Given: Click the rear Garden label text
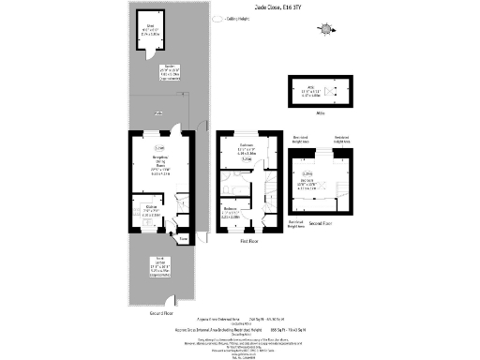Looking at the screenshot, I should click(x=153, y=71).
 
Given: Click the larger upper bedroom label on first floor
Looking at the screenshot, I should click(x=247, y=149).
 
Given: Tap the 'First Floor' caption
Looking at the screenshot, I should click(x=248, y=241).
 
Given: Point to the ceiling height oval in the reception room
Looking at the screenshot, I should click(x=160, y=148).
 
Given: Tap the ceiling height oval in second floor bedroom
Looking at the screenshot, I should click(x=333, y=173).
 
